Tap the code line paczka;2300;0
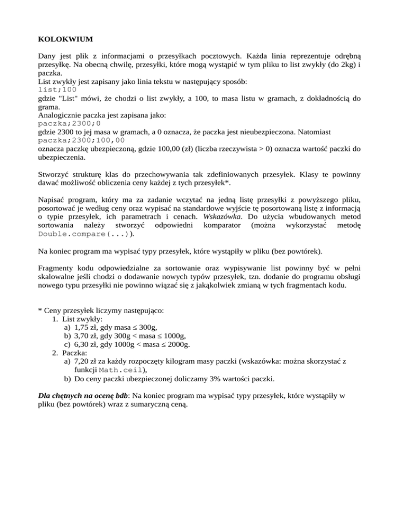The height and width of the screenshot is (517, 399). click(x=70, y=124)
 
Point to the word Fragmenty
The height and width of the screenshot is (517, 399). click(x=59, y=269)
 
